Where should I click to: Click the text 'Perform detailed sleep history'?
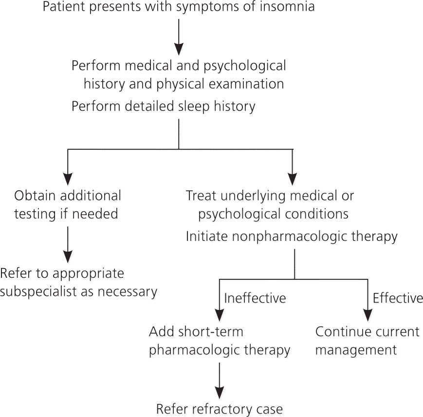(x=164, y=107)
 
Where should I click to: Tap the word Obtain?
(x=35, y=196)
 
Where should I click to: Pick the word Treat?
(x=202, y=196)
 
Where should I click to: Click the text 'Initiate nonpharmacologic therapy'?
(x=292, y=237)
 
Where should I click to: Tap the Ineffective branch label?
(x=255, y=298)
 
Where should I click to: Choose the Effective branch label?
(x=398, y=298)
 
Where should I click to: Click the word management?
(x=356, y=350)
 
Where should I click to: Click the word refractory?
(x=221, y=409)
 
